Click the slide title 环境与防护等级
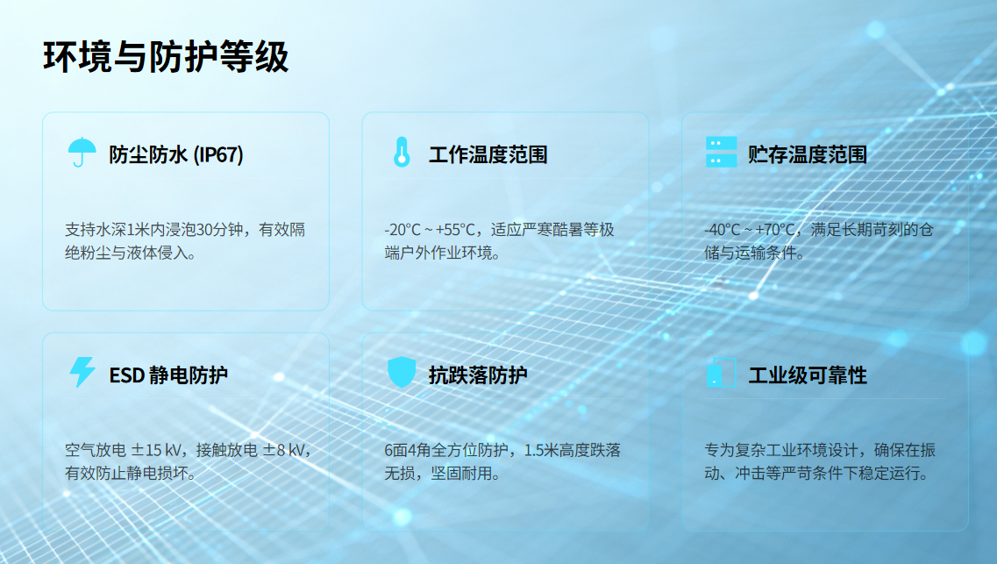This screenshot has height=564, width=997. [x=166, y=57]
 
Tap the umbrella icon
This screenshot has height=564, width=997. [x=82, y=152]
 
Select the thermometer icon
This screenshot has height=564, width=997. [x=402, y=153]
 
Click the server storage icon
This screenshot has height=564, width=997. [x=721, y=152]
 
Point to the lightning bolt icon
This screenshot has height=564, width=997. [x=82, y=372]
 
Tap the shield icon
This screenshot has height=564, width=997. [x=402, y=372]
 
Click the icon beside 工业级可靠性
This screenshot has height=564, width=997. [x=721, y=373]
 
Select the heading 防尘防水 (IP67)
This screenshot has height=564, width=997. [x=176, y=154]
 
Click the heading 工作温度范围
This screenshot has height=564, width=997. [x=488, y=154]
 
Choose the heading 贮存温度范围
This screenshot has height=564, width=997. [x=808, y=154]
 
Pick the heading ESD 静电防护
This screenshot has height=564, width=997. [x=168, y=375]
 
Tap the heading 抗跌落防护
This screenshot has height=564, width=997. [x=478, y=375]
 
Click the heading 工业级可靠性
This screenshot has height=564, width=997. [x=808, y=375]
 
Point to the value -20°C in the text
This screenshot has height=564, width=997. [x=402, y=230]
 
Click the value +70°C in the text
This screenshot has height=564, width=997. [x=773, y=230]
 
